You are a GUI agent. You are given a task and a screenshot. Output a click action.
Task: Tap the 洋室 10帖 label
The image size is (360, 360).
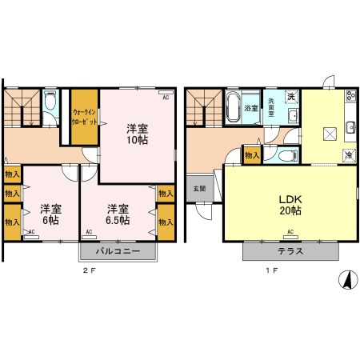tap(137, 133)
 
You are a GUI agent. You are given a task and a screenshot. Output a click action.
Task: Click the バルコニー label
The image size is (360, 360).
tap(118, 251)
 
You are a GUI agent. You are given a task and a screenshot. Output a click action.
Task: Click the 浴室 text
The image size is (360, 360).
tap(250, 107)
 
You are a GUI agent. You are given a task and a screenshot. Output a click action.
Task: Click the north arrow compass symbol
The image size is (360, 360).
tap(346, 282)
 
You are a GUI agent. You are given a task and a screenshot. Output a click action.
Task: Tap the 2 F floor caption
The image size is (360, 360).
tap(90, 272)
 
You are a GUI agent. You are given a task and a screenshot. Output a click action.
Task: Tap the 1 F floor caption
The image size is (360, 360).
tap(270, 272)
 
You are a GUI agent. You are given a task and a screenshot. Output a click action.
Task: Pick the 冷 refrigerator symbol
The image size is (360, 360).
tap(350, 154)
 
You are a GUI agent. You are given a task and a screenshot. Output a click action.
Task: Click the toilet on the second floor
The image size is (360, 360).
tap(50, 102)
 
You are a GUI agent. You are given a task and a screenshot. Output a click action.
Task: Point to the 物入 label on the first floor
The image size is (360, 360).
tap(251, 154)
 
